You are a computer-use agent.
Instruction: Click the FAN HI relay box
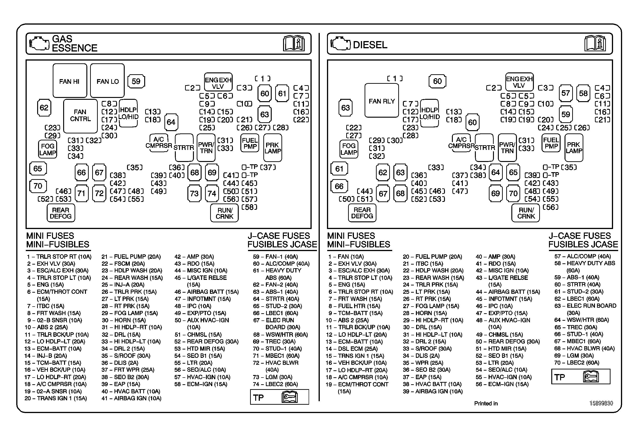(x=70, y=81)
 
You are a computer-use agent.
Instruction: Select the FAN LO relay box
(x=107, y=81)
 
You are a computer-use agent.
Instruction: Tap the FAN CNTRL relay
(x=80, y=116)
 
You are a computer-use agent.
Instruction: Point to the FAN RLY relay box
(x=382, y=101)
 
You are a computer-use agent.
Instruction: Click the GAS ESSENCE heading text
(x=74, y=43)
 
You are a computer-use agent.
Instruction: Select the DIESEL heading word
(x=370, y=45)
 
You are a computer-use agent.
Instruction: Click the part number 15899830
(x=601, y=403)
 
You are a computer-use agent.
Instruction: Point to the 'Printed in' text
(x=486, y=403)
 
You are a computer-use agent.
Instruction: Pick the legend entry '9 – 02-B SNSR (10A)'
(x=55, y=320)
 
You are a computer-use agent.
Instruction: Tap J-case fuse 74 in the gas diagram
(x=212, y=193)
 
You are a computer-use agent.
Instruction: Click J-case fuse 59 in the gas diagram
(x=136, y=81)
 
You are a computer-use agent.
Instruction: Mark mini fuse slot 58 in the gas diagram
(x=249, y=207)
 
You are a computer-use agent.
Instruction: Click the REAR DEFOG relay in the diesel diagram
(x=362, y=213)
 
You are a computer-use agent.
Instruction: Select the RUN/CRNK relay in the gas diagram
(x=224, y=213)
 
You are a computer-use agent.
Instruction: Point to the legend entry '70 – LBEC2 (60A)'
(x=577, y=363)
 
